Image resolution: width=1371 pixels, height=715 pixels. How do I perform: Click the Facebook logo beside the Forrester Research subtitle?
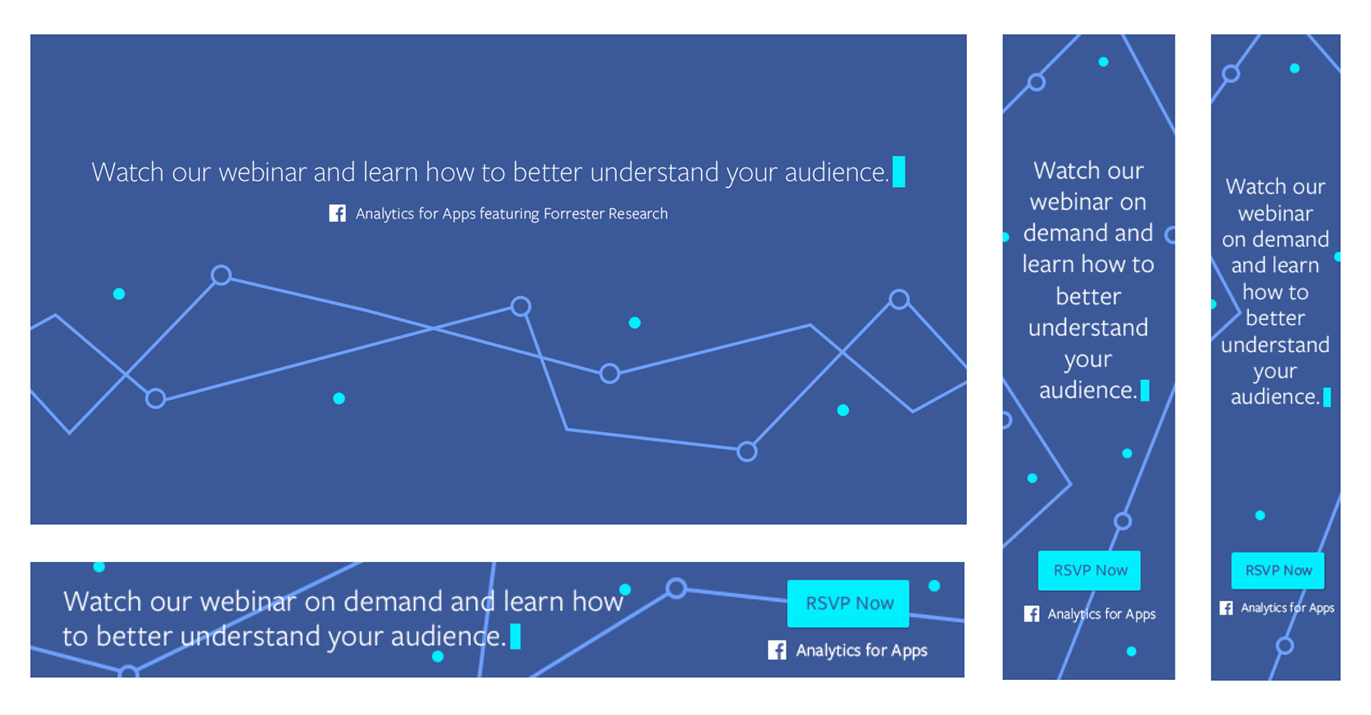[x=337, y=214]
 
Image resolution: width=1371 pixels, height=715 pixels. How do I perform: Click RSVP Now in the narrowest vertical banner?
[x=1278, y=571]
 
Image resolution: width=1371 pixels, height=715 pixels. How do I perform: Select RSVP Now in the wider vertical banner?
[x=1090, y=571]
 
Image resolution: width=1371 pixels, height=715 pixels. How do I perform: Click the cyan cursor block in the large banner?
[x=899, y=172]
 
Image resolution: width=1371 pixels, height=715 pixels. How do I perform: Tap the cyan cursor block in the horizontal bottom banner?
[x=516, y=636]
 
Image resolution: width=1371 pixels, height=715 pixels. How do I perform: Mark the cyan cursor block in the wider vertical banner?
[x=1145, y=391]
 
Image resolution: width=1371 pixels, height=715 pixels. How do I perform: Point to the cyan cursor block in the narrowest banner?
[x=1327, y=397]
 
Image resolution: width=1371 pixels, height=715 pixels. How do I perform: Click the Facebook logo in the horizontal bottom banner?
[x=777, y=650]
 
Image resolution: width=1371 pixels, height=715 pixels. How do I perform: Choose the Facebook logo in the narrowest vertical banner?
[x=1226, y=608]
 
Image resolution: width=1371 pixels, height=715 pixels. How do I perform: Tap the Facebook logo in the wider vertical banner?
[x=1032, y=614]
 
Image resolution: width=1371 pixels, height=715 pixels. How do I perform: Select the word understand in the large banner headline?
[x=654, y=172]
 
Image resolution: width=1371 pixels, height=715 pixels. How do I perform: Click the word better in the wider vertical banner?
[x=1088, y=296]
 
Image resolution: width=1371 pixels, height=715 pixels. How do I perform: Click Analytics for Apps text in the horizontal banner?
[x=862, y=650]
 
